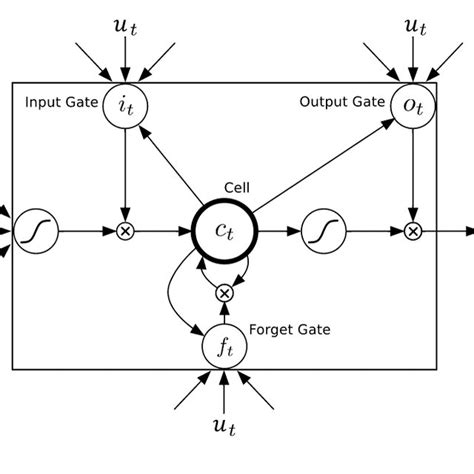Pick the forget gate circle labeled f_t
point(225,346)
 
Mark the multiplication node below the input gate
point(125,232)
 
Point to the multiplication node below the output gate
point(413,232)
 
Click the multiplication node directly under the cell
point(225,292)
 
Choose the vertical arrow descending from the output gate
point(413,175)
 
